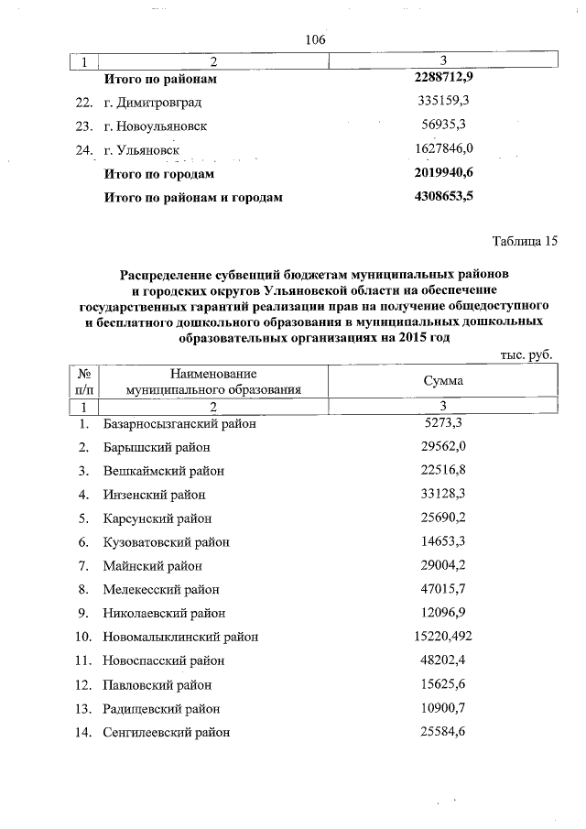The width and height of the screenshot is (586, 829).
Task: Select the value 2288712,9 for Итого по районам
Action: point(443,80)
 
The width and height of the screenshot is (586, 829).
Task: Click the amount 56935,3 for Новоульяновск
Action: point(443,125)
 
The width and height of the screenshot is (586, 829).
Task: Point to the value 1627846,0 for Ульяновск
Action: point(443,148)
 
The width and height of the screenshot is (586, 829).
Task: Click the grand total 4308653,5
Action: point(443,195)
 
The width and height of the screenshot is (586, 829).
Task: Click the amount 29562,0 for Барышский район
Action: point(443,447)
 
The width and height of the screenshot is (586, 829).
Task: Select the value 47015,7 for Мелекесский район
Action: point(443,589)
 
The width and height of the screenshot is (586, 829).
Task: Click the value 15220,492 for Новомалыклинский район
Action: point(443,636)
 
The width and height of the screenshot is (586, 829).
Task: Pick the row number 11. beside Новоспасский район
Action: point(84,660)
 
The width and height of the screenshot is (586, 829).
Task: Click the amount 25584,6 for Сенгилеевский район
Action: point(443,731)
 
